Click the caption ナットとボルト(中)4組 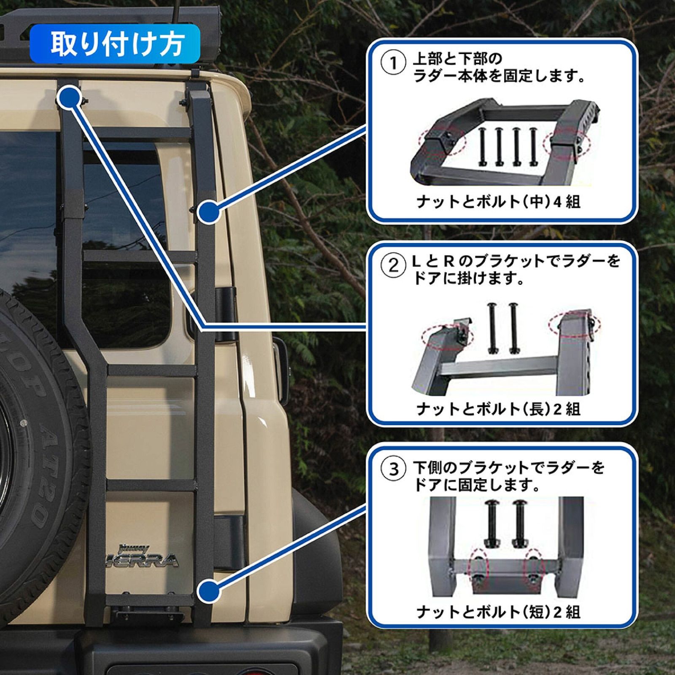(x=498, y=202)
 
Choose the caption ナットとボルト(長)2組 (x=498, y=409)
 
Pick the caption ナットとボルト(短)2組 (x=498, y=612)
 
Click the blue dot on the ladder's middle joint (x=209, y=212)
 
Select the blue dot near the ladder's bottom (x=209, y=590)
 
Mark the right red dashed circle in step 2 (x=576, y=324)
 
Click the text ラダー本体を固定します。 (x=498, y=77)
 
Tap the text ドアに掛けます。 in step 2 (x=468, y=279)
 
